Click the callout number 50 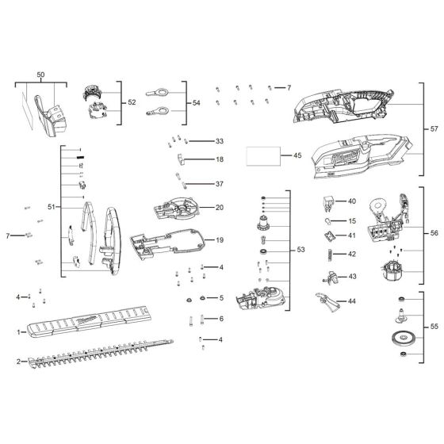(40, 75)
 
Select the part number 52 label (132, 102)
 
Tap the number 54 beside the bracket (197, 102)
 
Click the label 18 (220, 159)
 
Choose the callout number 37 (220, 184)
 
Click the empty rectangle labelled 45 (265, 155)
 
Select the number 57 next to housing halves (434, 128)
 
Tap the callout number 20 (220, 208)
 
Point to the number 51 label (52, 207)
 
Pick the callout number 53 (300, 250)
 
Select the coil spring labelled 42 (324, 254)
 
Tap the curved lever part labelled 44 (323, 299)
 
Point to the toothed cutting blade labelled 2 (95, 362)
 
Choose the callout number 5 (221, 298)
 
